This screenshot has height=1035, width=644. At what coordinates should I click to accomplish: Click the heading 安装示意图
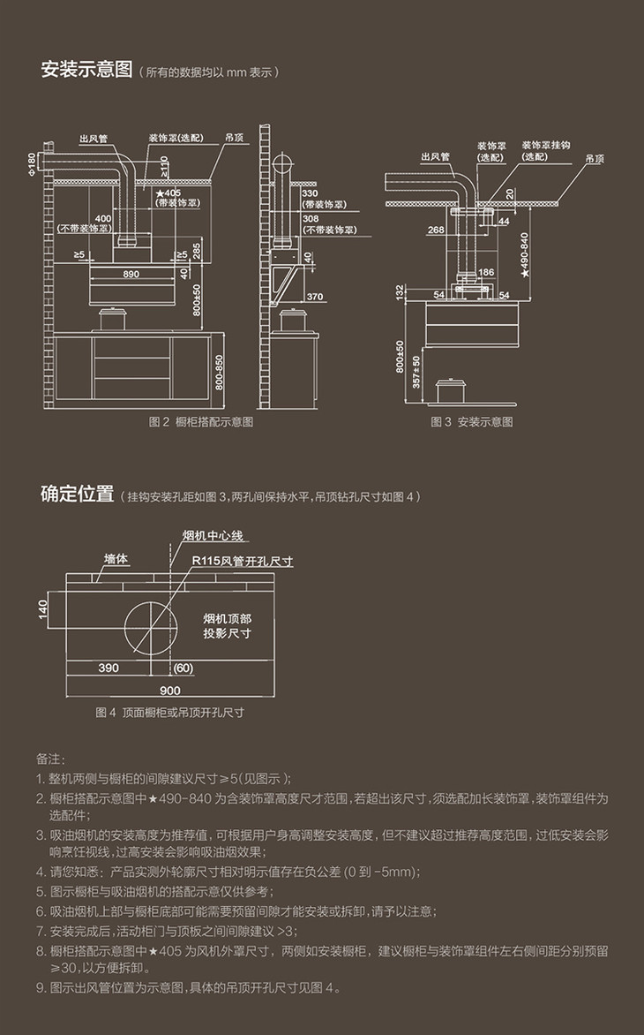tap(86, 71)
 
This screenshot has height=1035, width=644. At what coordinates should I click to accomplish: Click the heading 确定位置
tap(77, 494)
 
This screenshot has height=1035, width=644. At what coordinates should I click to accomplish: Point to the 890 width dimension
tap(131, 275)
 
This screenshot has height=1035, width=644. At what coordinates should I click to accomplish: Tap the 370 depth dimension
tap(314, 297)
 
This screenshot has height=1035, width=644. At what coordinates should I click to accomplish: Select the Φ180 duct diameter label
tap(33, 162)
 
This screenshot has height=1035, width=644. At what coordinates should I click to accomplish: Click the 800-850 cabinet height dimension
tap(220, 374)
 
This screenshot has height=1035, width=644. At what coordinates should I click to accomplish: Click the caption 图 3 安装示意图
tap(471, 422)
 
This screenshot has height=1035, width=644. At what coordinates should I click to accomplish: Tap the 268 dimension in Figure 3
tap(435, 230)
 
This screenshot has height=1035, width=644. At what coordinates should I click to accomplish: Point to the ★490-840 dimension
tap(525, 255)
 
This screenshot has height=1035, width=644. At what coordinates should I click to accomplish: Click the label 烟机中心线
tap(212, 536)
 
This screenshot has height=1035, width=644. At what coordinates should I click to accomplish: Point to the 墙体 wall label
tap(116, 559)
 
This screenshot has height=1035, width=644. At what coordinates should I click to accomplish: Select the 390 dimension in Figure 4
tap(109, 669)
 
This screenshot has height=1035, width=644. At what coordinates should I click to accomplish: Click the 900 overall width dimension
tap(170, 690)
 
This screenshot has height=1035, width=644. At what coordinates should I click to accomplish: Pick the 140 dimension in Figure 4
tap(43, 609)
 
